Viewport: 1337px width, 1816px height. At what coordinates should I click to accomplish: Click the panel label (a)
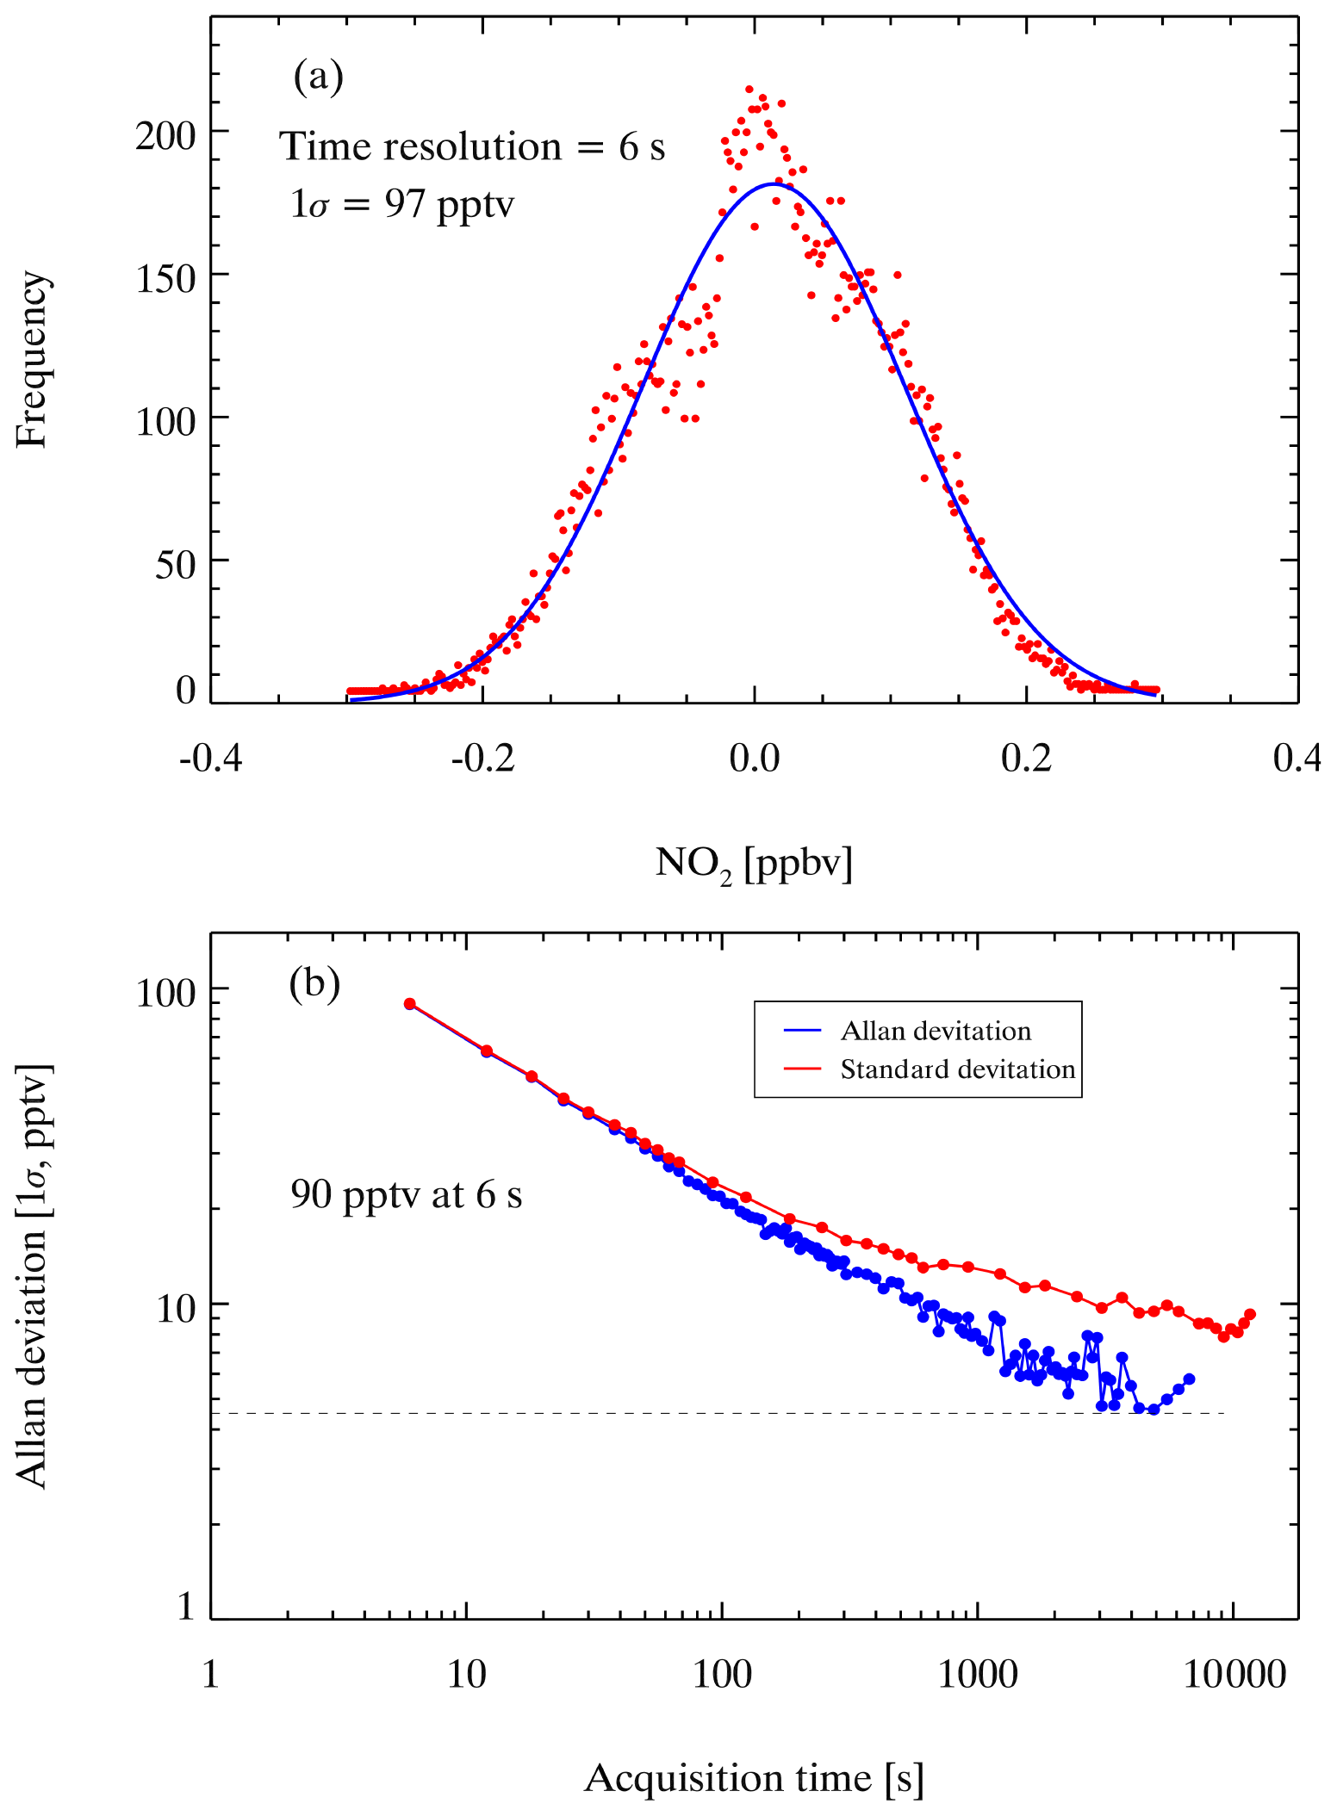coord(318,77)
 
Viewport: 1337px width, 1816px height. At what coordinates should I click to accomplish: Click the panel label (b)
coord(314,982)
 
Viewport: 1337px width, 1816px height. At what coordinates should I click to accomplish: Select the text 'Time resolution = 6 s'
coord(472,147)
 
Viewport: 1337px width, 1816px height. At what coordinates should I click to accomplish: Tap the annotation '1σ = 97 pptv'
coord(402,205)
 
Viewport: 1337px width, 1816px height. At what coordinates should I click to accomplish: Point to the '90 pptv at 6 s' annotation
coord(406,1194)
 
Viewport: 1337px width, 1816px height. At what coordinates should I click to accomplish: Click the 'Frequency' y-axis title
coord(33,359)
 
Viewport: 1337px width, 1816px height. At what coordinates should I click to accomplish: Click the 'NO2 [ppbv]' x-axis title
coord(754,863)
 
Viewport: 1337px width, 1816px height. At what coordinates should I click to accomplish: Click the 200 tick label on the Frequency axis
coord(166,136)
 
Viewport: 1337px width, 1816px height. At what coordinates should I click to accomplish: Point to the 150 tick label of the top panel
coord(166,279)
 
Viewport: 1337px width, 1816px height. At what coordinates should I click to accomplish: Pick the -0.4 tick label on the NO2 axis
coord(211,759)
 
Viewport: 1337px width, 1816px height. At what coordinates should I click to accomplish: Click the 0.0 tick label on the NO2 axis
coord(754,759)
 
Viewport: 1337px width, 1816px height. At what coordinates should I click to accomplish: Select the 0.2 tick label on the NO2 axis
coord(1026,759)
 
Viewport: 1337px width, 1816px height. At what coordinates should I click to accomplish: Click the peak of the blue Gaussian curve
coord(774,183)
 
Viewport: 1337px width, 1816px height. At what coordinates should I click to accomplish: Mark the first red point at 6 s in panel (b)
coord(410,1004)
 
